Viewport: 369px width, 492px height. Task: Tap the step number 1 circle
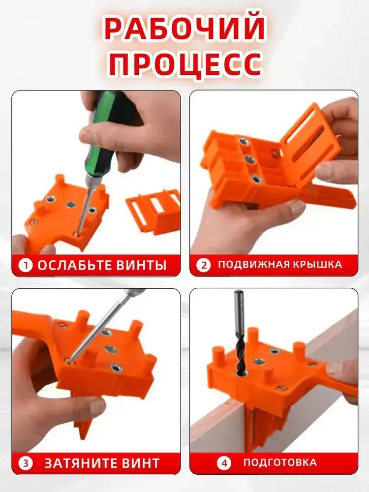25,266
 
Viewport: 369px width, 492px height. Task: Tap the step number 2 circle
204,266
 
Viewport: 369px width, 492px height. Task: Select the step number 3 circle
26,463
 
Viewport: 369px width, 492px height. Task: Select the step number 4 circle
224,463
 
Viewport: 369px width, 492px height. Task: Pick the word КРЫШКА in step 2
317,265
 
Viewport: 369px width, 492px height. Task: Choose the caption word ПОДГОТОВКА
280,462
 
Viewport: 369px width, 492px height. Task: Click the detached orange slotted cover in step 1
154,210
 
